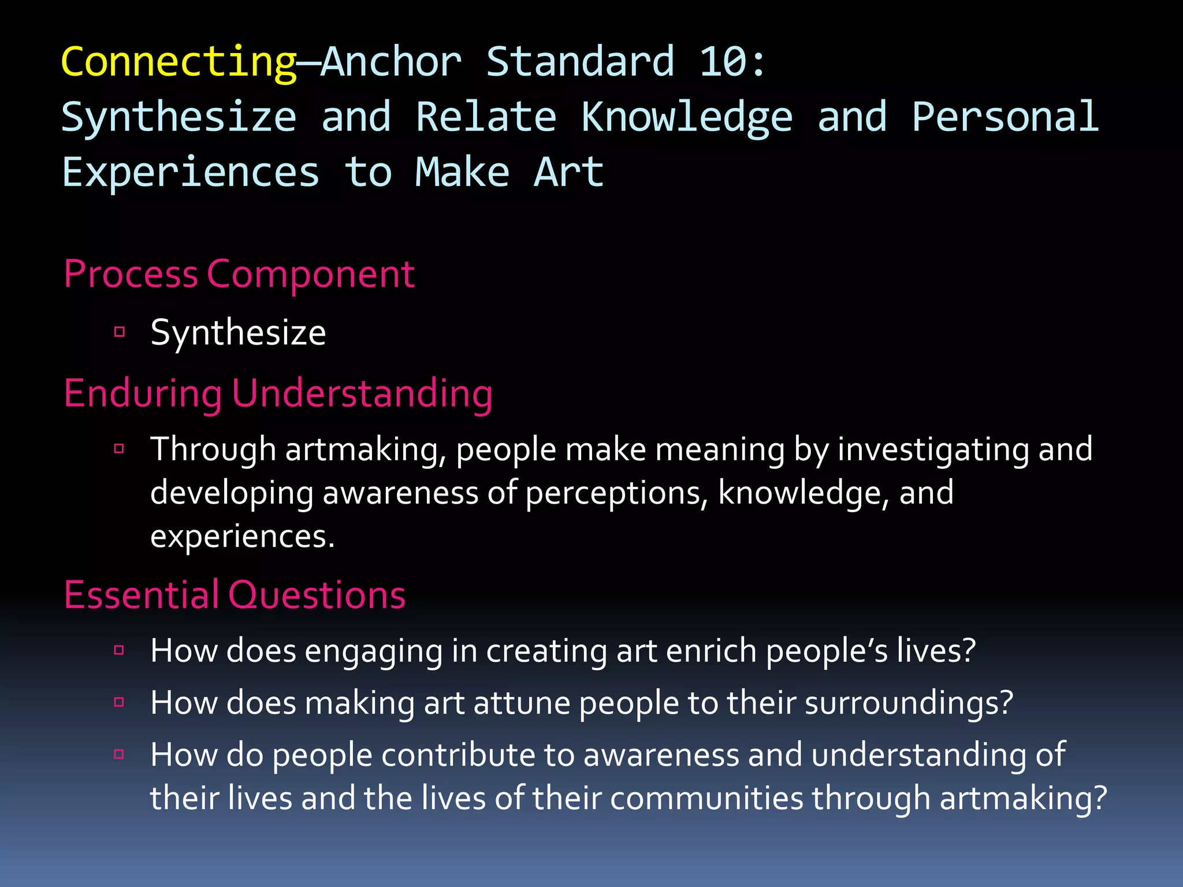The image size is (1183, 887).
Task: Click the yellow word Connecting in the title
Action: point(178,62)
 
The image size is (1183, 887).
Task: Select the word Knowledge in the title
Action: point(686,117)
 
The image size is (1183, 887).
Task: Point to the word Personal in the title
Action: point(1005,117)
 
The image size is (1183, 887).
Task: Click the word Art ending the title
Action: point(569,173)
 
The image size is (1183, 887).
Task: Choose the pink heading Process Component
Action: point(239,274)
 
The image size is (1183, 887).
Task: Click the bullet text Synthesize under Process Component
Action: point(238,333)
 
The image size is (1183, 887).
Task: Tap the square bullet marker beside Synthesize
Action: point(120,331)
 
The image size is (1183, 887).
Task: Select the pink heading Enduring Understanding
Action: point(278,394)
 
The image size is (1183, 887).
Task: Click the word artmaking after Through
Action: point(366,449)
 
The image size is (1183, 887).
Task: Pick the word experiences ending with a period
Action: point(243,536)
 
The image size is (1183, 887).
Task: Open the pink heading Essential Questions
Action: point(235,595)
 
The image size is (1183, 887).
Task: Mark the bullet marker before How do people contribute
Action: point(120,754)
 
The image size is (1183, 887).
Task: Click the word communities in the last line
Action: point(706,798)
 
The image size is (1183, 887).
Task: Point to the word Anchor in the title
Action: point(391,62)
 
